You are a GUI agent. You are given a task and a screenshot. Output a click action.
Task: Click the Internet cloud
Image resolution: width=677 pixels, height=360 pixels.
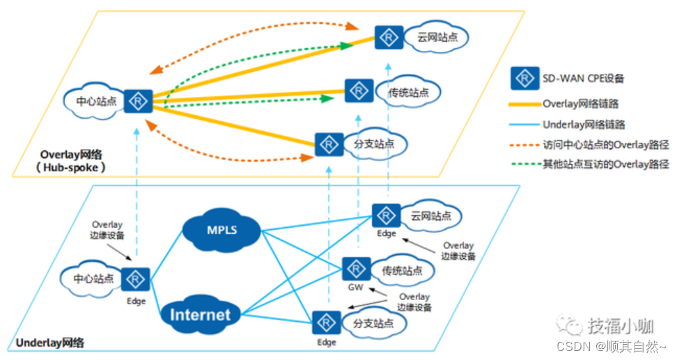point(200,314)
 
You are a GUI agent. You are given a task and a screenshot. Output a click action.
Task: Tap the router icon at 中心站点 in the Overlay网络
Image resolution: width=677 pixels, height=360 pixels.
point(138,101)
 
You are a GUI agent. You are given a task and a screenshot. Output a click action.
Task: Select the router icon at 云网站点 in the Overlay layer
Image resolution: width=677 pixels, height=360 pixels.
point(388,37)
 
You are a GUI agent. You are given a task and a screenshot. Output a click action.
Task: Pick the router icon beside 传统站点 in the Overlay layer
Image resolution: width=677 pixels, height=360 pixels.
point(358,91)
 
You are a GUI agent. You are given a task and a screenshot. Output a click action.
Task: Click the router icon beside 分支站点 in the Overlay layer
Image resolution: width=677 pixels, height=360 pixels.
point(327,144)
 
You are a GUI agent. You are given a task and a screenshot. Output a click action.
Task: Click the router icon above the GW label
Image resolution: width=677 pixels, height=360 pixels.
point(356,269)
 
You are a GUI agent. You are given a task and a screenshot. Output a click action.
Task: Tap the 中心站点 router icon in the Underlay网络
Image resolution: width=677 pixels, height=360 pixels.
point(135,279)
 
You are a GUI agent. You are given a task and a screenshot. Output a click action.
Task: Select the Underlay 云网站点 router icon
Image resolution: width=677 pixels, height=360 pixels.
point(386,215)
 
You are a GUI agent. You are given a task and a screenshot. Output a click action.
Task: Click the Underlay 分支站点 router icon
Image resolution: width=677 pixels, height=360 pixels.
point(325,323)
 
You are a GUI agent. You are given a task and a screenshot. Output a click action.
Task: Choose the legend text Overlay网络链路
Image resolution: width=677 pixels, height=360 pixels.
point(580,104)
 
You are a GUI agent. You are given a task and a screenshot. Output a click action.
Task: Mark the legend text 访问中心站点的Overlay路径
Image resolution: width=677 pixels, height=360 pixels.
point(605,146)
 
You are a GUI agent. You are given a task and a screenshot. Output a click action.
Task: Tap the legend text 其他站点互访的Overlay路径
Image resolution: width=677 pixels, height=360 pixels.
point(605,165)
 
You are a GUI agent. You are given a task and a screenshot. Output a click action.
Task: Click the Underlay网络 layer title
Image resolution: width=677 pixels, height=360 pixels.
point(49,343)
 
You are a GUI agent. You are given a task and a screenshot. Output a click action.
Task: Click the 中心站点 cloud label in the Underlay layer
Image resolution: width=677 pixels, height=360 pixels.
point(93,279)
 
